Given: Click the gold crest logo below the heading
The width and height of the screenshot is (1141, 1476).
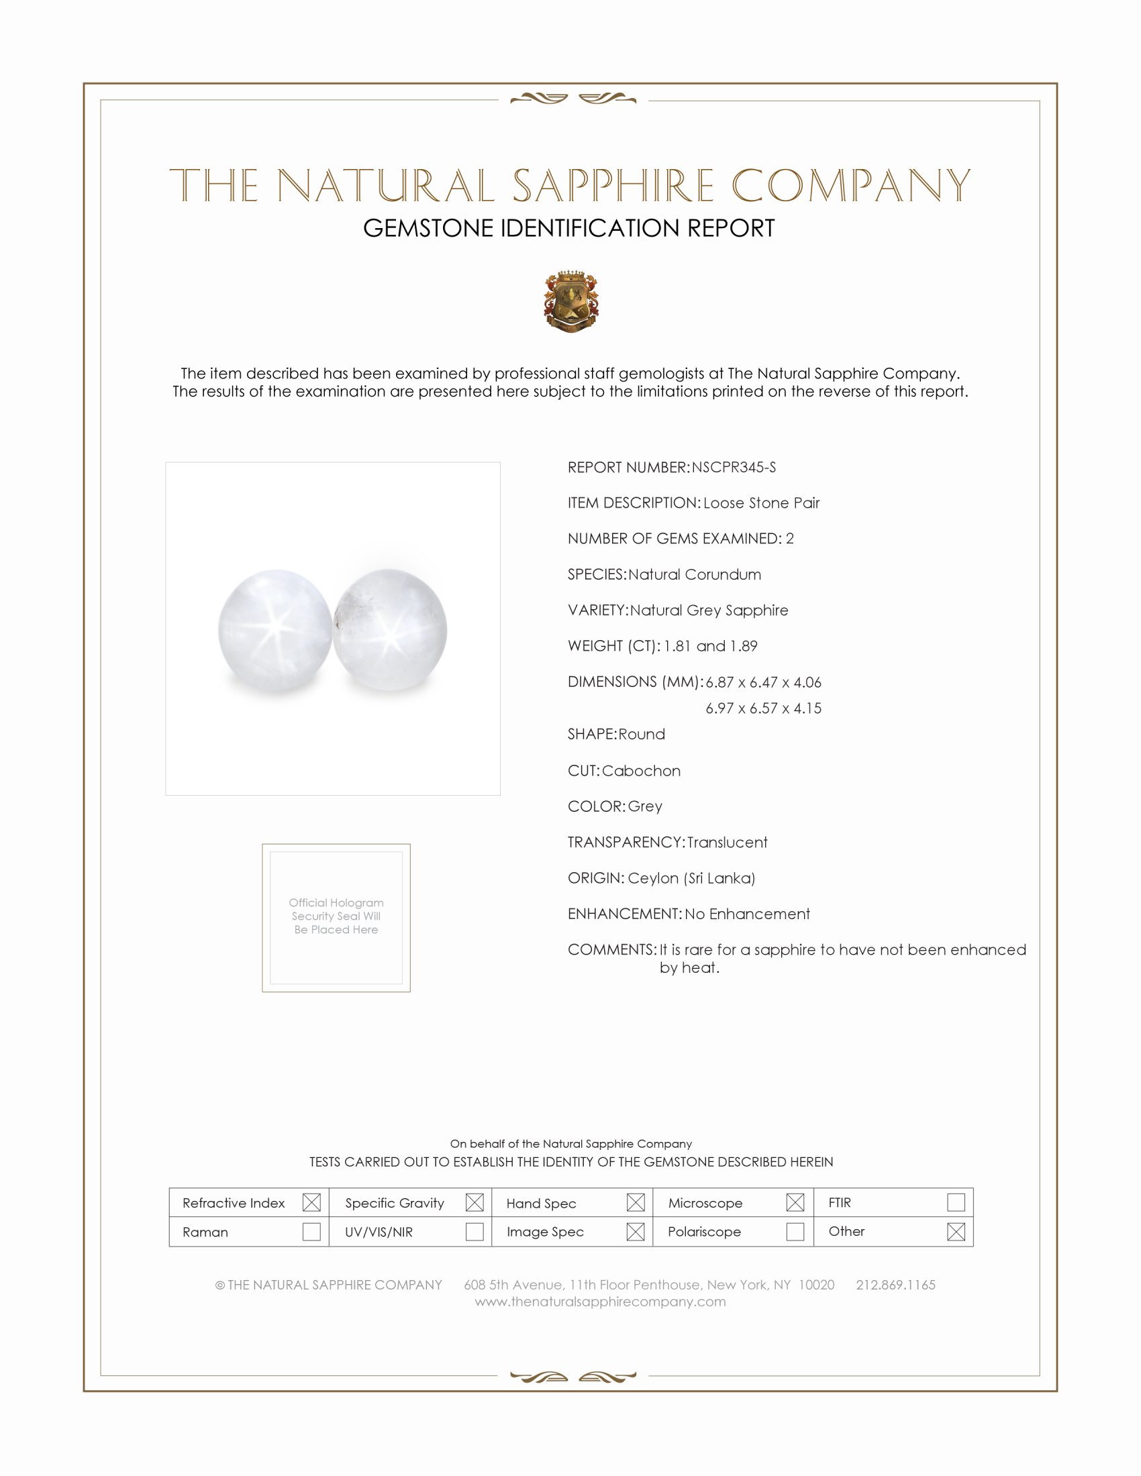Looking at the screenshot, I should tap(571, 301).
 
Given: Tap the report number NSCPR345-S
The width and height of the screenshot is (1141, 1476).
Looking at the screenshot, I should tap(734, 468).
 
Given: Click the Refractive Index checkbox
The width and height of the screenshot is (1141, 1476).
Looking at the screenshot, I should tap(311, 1202).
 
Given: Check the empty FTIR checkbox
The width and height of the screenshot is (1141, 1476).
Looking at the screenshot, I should tap(956, 1202).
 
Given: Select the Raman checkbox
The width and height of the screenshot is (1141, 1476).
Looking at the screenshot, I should tap(311, 1231).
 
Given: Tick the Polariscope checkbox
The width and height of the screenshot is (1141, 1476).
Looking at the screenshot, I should tap(795, 1231).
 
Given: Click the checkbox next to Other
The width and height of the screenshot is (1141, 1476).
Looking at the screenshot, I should tap(956, 1231).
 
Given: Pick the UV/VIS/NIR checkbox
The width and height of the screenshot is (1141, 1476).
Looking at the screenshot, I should tap(475, 1231).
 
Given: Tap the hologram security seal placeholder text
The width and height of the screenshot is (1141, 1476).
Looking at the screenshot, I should tap(336, 916).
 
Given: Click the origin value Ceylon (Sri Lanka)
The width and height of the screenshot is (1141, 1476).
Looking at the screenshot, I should tap(691, 878).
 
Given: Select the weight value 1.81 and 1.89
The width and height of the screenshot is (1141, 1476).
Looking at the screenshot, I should tap(709, 646).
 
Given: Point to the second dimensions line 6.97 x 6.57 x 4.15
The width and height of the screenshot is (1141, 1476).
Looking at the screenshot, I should tap(763, 708).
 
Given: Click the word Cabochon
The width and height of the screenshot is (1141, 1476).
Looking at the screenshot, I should tap(641, 770).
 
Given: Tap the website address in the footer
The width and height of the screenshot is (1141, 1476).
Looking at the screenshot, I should tap(599, 1302).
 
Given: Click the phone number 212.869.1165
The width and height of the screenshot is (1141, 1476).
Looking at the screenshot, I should tap(895, 1285).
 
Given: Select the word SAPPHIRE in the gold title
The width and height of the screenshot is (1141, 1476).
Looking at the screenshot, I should tap(612, 186).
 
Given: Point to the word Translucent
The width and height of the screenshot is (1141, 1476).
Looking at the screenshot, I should tap(727, 842).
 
